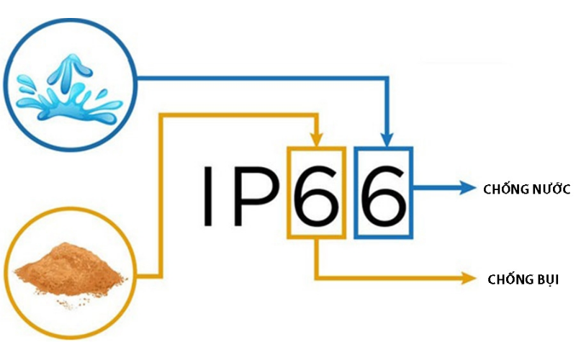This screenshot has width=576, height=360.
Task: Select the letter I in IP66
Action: point(208,195)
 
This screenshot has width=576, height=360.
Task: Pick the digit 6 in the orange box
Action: point(316,195)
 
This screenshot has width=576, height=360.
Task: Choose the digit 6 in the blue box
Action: point(384,195)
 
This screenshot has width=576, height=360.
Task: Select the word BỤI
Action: point(546,280)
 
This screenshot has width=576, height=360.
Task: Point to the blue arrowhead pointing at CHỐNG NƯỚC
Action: point(467,188)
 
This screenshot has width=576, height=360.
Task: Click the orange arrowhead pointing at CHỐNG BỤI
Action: point(469,278)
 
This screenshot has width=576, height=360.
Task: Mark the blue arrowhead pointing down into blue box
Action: point(387,140)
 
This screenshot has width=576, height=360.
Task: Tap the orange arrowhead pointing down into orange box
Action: point(317,140)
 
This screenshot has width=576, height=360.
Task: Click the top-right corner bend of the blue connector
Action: point(387,78)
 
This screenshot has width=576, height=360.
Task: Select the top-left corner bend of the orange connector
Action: point(161,115)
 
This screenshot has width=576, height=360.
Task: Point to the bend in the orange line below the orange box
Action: point(316,278)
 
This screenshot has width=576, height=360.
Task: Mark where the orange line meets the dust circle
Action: point(137,276)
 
